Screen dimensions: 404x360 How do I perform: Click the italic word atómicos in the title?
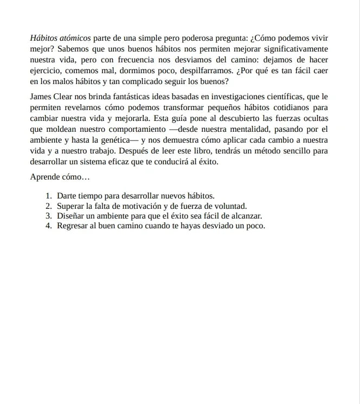click(75, 39)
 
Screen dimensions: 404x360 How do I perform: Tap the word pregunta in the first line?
click(229, 39)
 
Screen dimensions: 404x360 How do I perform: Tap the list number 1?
click(48, 196)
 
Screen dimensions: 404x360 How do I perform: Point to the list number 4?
click(48, 226)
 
